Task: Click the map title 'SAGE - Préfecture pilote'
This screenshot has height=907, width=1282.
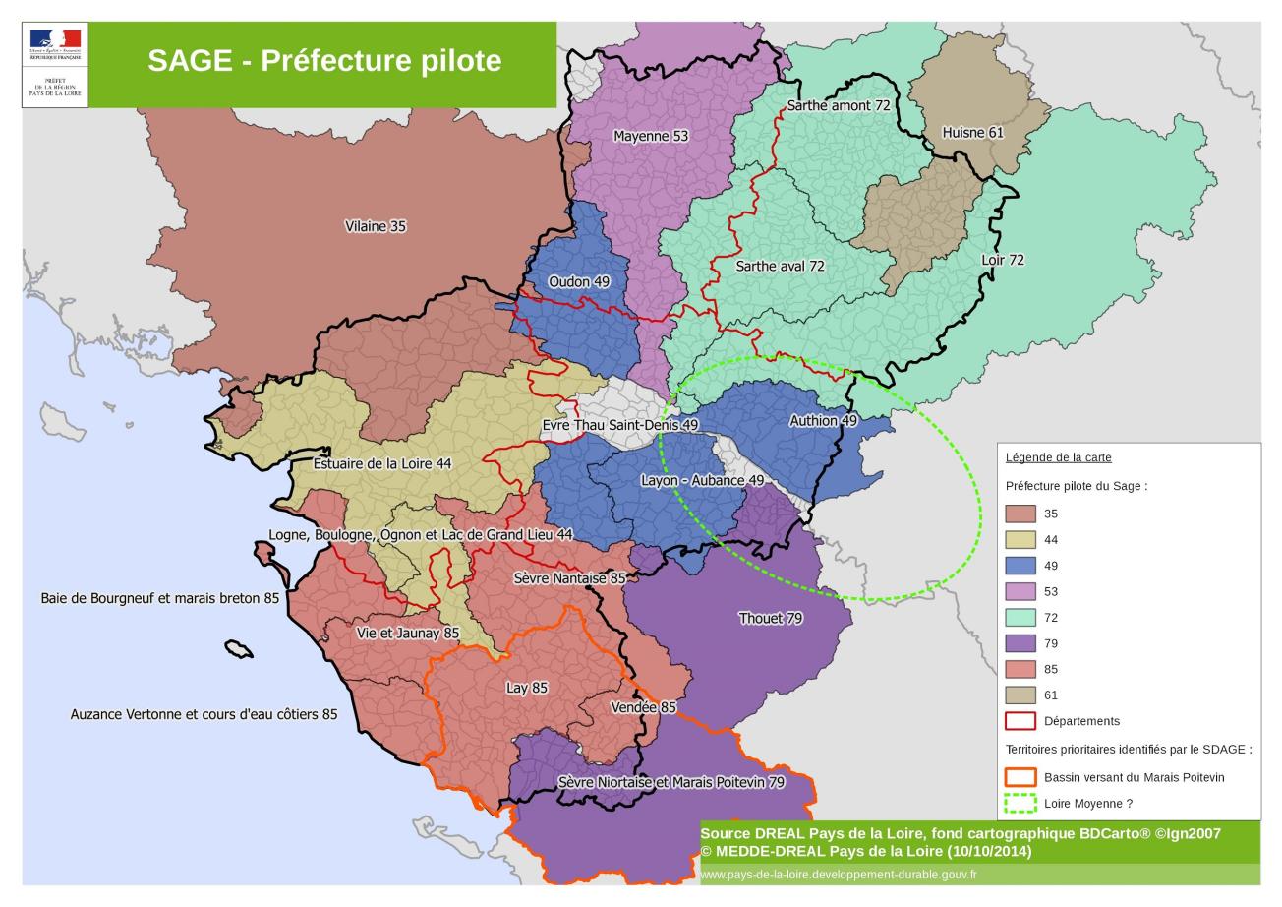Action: tap(324, 61)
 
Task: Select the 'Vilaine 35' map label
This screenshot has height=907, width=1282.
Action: tap(376, 226)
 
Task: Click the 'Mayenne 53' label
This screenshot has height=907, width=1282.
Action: tap(651, 136)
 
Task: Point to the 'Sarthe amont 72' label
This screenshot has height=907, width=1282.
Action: tap(839, 105)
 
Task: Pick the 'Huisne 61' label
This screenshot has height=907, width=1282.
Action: tap(972, 132)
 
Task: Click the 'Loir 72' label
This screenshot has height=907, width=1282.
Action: tap(1003, 260)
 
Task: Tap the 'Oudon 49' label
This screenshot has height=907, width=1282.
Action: tap(579, 281)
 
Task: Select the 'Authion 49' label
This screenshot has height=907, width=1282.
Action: tap(823, 420)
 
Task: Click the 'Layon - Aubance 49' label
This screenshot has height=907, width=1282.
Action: tap(702, 480)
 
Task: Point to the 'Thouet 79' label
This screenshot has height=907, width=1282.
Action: tap(771, 618)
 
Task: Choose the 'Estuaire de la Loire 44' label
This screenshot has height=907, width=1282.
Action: tap(382, 463)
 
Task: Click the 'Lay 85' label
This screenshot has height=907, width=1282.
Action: tap(527, 688)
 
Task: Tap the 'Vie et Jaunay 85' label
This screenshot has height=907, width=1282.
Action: tap(408, 633)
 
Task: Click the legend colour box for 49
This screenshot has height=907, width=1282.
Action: tap(1020, 566)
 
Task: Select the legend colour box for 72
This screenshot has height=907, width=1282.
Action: tap(1020, 618)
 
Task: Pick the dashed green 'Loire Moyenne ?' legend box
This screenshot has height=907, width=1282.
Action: tap(1020, 803)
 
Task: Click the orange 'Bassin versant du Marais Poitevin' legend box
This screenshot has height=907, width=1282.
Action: tap(1020, 777)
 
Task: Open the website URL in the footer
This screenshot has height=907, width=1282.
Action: tap(839, 875)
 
